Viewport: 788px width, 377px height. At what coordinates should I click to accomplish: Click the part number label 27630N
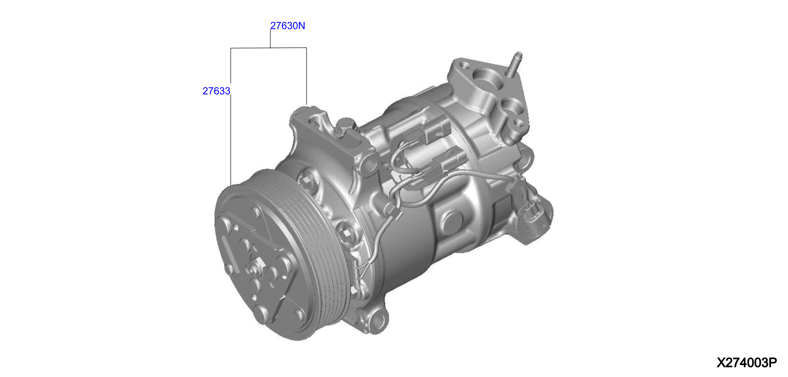click(x=288, y=26)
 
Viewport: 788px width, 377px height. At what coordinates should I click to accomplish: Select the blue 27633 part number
click(x=216, y=91)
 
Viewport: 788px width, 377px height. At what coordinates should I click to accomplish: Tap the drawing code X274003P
click(x=747, y=363)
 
